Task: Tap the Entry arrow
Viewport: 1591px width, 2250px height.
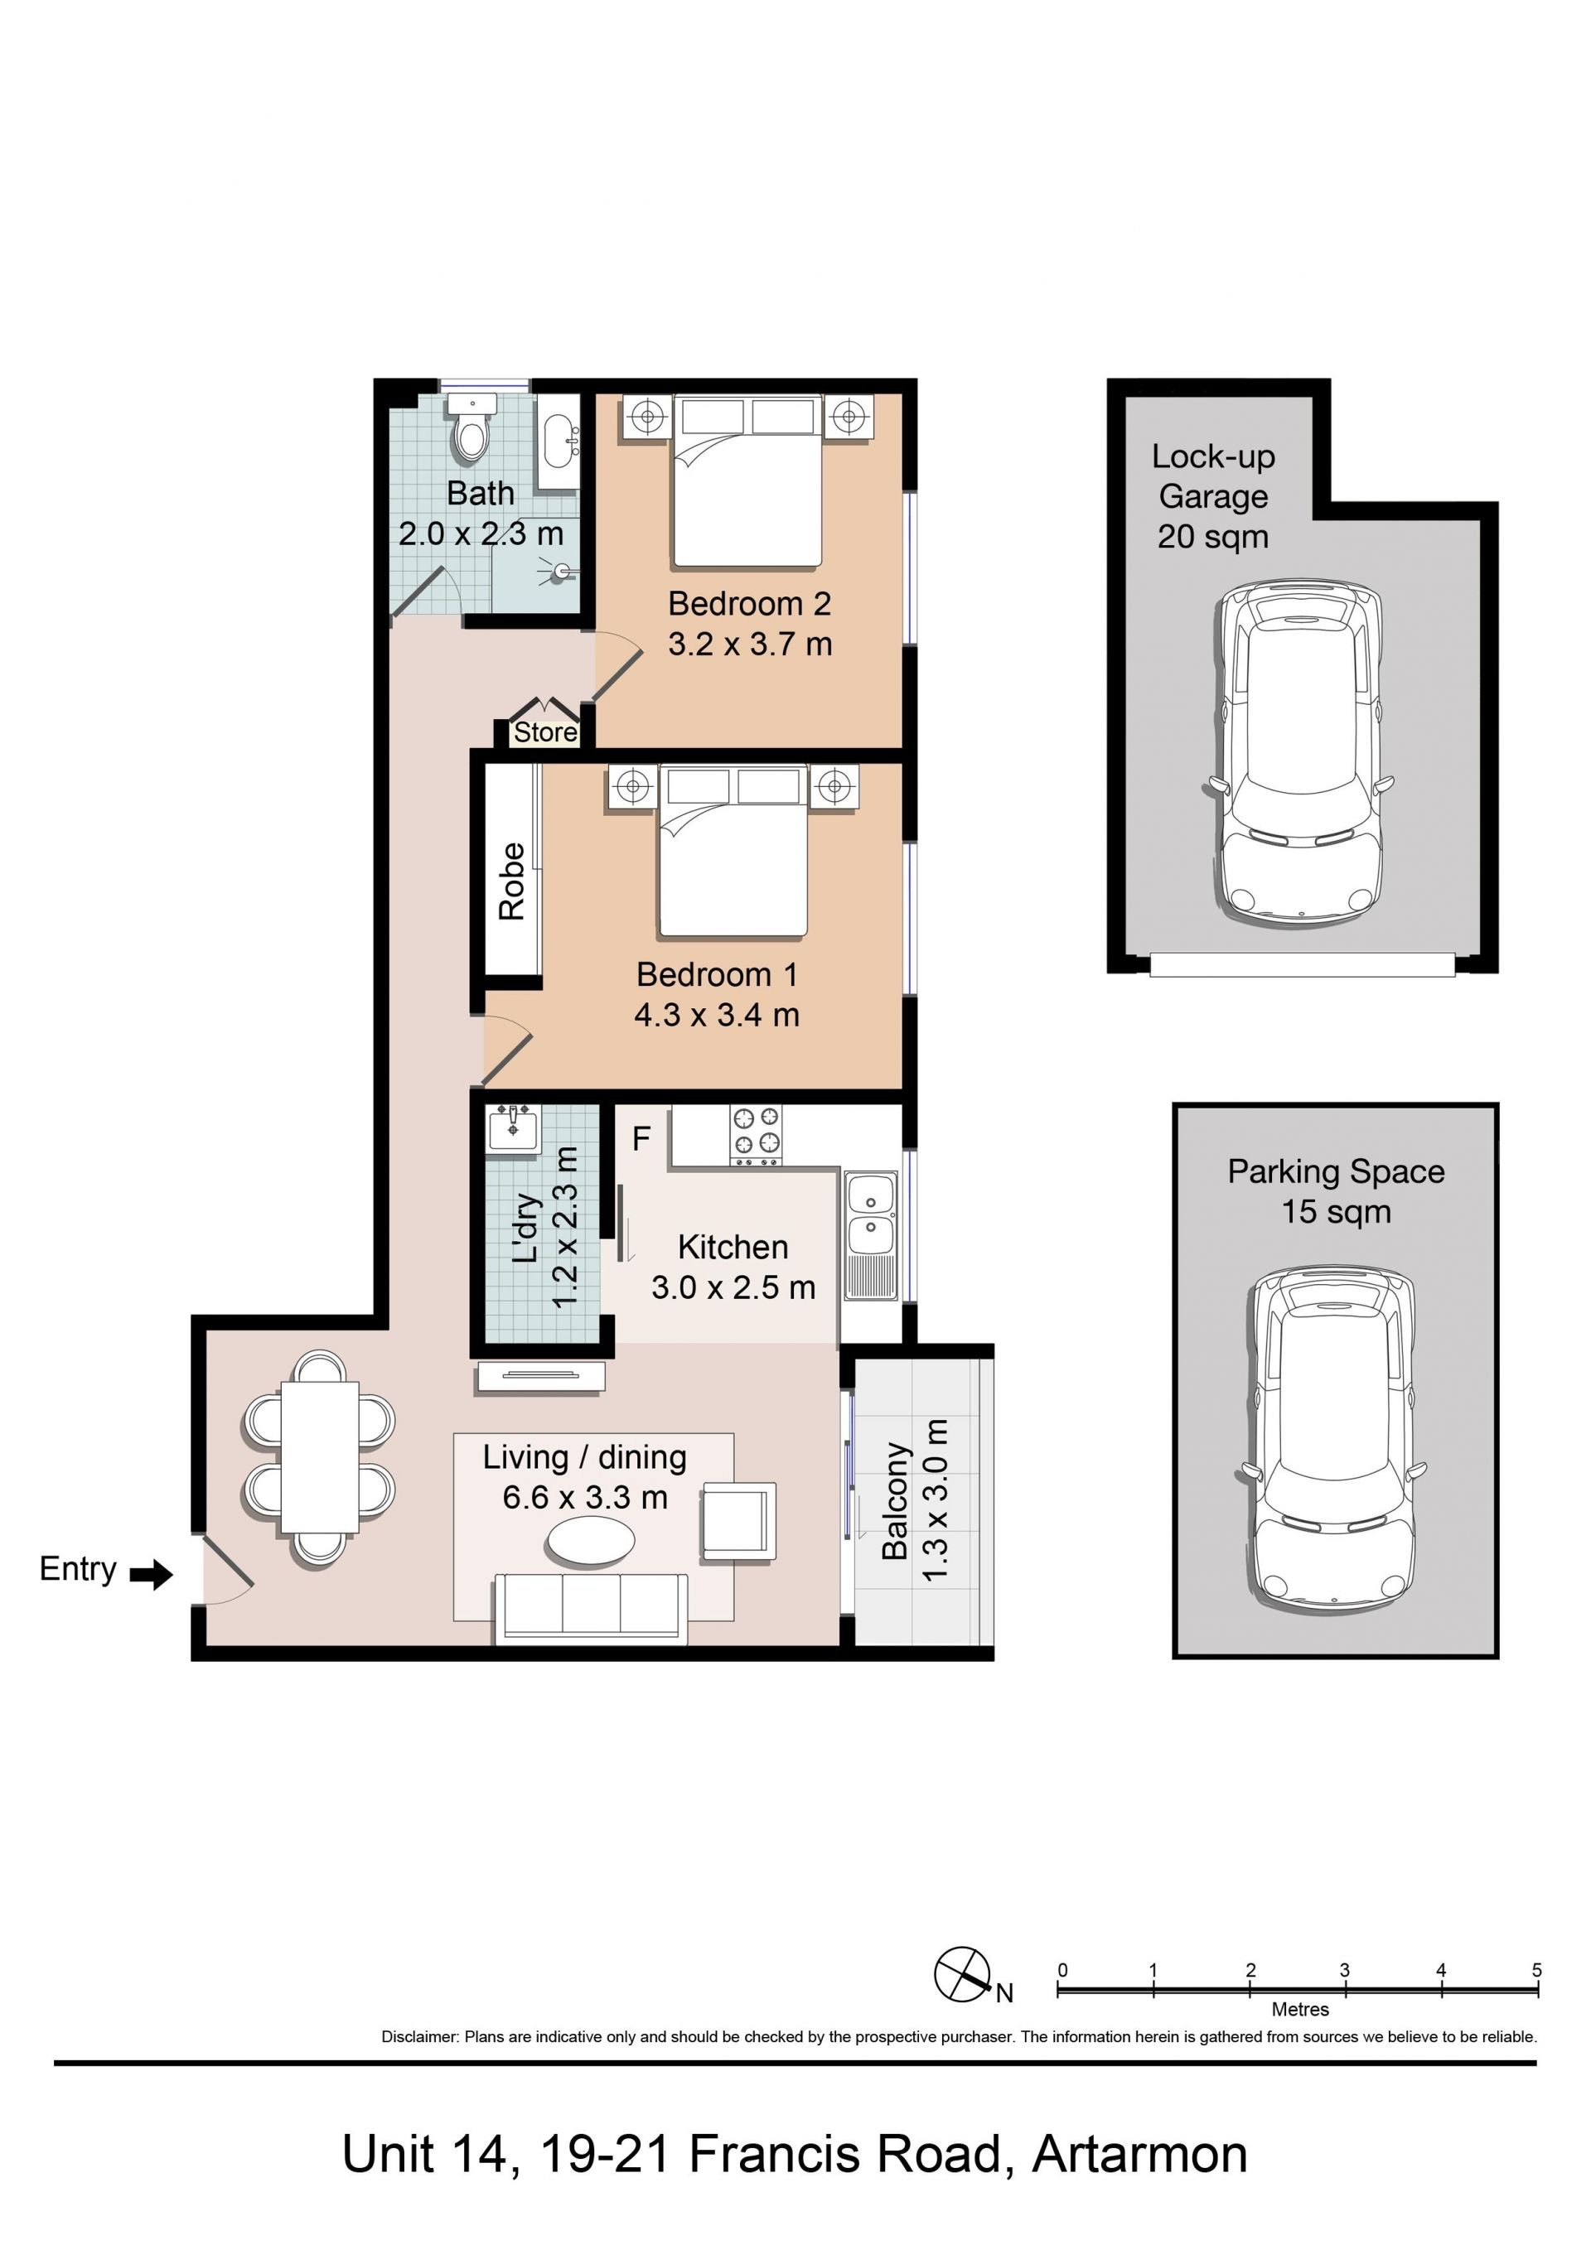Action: coord(151,1575)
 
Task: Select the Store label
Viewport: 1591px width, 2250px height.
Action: coord(545,732)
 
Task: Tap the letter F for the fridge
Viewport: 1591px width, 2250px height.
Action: coord(641,1137)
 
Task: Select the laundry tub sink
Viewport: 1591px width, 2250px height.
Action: coord(513,1128)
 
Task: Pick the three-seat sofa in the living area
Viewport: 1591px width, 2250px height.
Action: coord(591,1608)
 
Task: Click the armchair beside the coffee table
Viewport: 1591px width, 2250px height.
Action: coord(738,1521)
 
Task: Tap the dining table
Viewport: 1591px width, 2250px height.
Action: coord(320,1456)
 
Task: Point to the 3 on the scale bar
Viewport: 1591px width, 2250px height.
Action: coord(1344,1970)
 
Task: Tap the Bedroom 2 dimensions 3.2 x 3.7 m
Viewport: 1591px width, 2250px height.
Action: coord(750,644)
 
